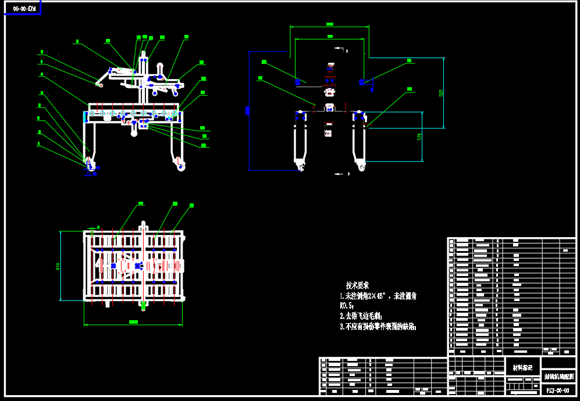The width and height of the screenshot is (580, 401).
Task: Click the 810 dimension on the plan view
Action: pos(58,266)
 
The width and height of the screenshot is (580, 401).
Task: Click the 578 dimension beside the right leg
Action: pos(419,137)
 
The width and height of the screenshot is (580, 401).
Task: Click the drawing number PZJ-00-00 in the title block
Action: pos(558,390)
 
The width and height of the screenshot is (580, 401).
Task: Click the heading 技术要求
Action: pos(357,285)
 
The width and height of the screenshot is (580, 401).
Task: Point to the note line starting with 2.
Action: pos(360,316)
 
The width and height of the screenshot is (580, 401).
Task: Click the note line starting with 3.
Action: pos(378,327)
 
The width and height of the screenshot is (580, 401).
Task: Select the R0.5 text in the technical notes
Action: pos(347,306)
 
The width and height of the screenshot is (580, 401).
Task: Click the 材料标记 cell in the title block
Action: pos(522,367)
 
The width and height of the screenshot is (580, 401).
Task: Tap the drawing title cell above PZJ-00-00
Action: pos(558,377)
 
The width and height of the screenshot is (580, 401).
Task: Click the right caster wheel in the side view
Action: pos(182,167)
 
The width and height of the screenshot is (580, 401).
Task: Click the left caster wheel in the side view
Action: pos(91,166)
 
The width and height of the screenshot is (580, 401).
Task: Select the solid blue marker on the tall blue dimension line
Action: pos(248,110)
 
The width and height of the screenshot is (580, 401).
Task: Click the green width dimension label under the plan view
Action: pos(133,322)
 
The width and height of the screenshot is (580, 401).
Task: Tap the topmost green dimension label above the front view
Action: pos(329,24)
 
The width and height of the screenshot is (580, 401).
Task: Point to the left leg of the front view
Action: pos(300,139)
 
